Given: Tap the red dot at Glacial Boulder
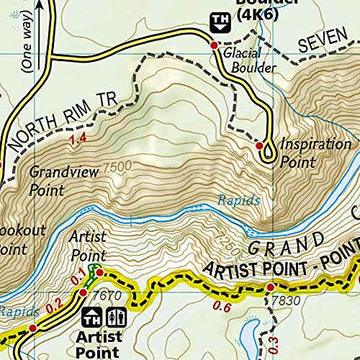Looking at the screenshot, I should (214, 45).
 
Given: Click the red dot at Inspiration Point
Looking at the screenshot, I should (260, 146).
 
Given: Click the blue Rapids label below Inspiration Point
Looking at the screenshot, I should (238, 202).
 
